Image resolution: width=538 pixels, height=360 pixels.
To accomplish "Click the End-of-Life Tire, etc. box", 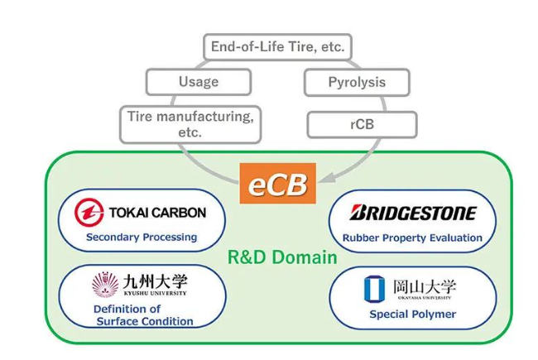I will tap(276, 46).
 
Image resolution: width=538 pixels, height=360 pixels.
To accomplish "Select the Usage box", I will tap(198, 82).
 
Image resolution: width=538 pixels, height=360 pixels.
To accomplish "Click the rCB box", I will tap(361, 124).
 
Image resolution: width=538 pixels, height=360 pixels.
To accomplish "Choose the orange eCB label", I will tap(277, 184).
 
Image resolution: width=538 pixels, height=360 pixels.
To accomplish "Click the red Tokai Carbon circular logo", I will tap(89, 213).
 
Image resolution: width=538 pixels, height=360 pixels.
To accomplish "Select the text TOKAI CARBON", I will tap(157, 213).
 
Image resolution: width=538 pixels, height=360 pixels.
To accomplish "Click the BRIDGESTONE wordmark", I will tap(413, 213).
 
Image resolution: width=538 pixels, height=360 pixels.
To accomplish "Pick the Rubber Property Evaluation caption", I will tap(412, 238).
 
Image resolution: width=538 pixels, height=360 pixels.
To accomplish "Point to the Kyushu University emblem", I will tap(105, 285).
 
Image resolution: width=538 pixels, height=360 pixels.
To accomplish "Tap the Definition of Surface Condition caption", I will tap(137, 315).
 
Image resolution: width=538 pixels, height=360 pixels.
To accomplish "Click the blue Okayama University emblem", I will tap(373, 289).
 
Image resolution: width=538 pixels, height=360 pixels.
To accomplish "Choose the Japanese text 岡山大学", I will tap(424, 286).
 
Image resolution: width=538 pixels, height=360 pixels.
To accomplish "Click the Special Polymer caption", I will tap(412, 314).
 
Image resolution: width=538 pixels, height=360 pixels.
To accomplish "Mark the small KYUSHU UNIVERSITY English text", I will tap(155, 294).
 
